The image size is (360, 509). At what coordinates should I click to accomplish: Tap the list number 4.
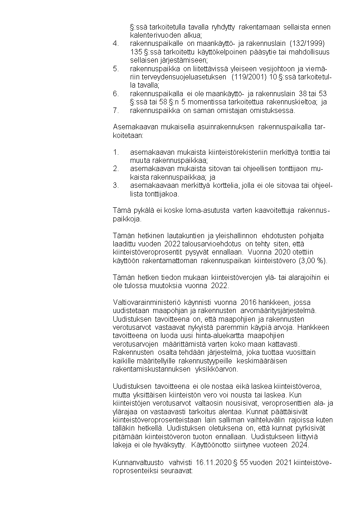pyautogui.click(x=115, y=43)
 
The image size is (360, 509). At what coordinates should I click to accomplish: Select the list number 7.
pyautogui.click(x=115, y=110)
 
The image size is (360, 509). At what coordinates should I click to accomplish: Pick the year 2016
pyautogui.click(x=249, y=302)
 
